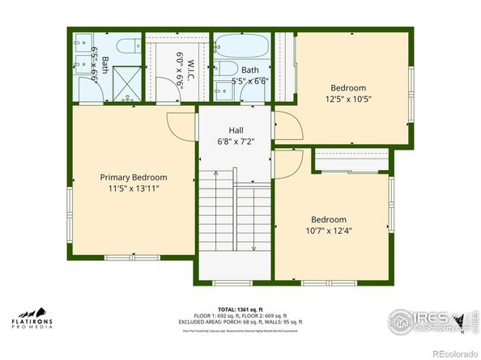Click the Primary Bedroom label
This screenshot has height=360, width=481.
click(134, 177)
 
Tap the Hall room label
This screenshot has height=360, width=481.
click(236, 130)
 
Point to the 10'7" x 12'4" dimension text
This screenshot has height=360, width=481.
click(329, 231)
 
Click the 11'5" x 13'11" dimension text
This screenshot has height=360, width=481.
click(134, 188)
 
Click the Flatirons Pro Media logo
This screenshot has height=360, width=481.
click(33, 319)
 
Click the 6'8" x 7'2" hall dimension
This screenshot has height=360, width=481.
click(236, 142)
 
